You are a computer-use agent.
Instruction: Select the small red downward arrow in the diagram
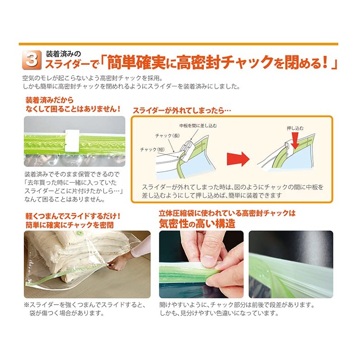pyautogui.click(x=295, y=142)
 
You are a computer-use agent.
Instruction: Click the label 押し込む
pyautogui.click(x=295, y=128)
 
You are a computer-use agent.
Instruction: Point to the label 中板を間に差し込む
pyautogui.click(x=198, y=126)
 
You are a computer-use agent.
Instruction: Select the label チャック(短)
pyautogui.click(x=153, y=149)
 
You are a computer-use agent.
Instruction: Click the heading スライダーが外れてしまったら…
pyautogui.click(x=182, y=110)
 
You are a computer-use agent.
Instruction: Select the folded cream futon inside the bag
pyautogui.click(x=63, y=252)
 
